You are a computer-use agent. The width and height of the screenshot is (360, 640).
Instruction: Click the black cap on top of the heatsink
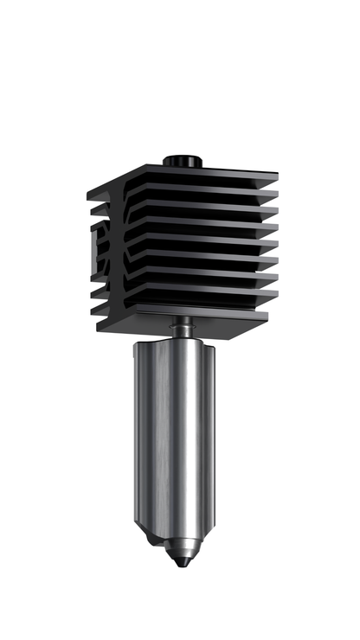click(182, 161)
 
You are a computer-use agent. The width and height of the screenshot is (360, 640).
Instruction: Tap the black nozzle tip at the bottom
click(179, 562)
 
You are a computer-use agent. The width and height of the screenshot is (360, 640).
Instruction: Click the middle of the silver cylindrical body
click(173, 432)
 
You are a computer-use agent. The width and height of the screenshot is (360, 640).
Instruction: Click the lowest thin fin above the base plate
click(208, 297)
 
